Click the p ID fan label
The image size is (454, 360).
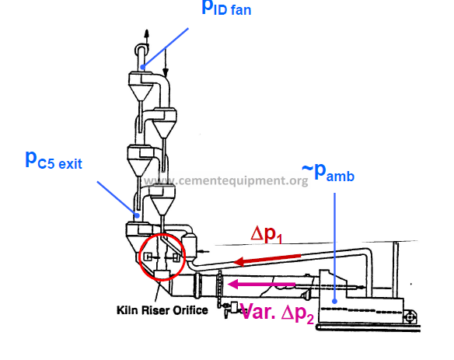226,8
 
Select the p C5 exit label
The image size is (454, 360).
54,160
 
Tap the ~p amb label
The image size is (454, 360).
328,173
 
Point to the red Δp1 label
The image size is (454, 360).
267,234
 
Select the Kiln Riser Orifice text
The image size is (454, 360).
162,310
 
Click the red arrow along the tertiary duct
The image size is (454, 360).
267,259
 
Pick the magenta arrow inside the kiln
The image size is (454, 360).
261,284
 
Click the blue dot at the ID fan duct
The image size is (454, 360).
143,68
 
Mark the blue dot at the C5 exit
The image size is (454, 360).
138,215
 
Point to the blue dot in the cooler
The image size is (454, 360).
334,301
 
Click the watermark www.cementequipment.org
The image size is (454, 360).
226,180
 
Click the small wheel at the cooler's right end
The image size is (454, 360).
410,317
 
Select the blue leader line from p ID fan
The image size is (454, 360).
166,47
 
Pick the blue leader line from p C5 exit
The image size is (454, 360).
117,198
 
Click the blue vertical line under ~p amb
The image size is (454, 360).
334,247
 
